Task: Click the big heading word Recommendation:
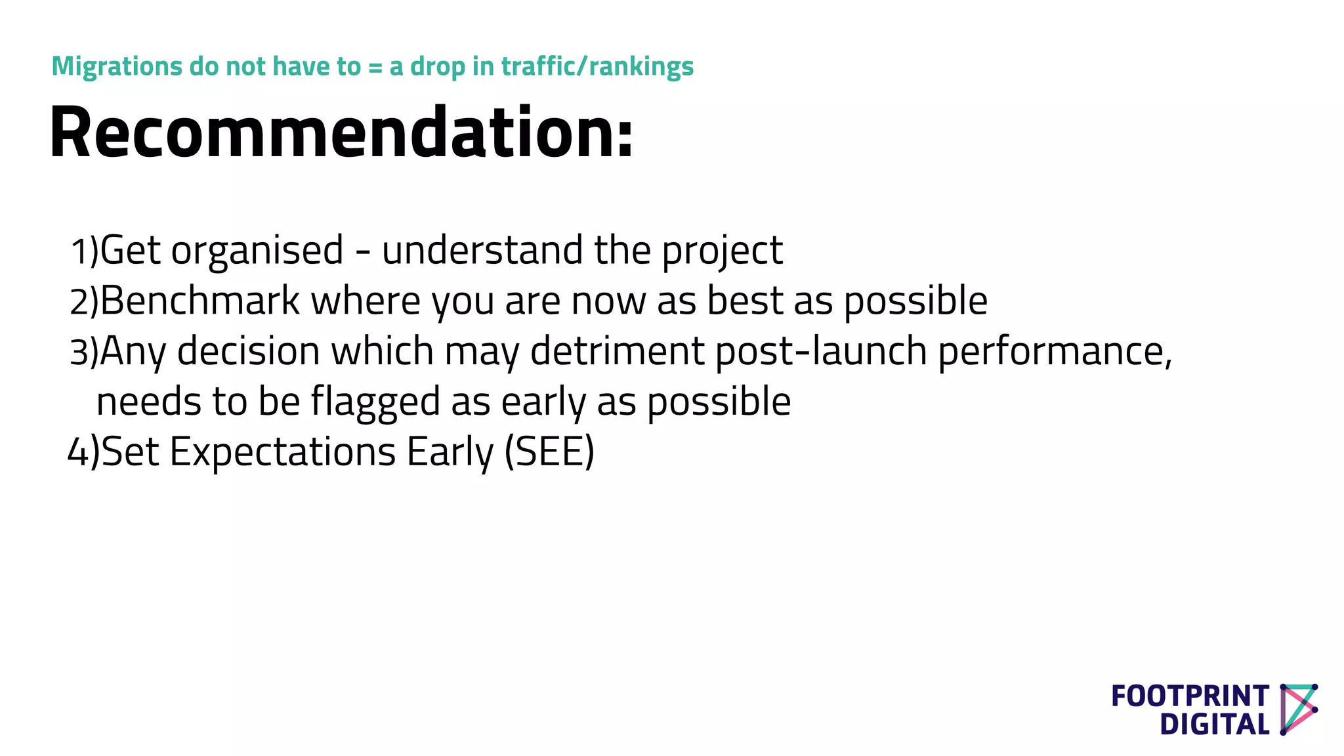(x=341, y=133)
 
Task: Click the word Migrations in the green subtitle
(x=117, y=66)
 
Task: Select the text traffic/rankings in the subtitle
(x=597, y=67)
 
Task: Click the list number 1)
(x=84, y=251)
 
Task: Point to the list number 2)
(x=84, y=302)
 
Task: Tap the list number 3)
(x=84, y=352)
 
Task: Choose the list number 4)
(x=84, y=453)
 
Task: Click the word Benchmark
(x=200, y=301)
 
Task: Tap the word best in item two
(x=745, y=301)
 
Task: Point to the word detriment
(x=617, y=351)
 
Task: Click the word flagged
(x=375, y=402)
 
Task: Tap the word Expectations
(x=282, y=453)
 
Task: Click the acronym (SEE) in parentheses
(x=549, y=453)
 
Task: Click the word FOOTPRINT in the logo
(x=1190, y=696)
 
